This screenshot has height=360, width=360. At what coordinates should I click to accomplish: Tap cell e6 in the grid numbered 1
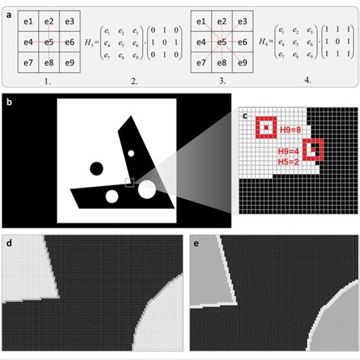[x=68, y=39]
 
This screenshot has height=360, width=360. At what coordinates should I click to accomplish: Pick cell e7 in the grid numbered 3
[x=203, y=58]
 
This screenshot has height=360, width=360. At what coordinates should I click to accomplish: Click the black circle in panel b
[x=96, y=168]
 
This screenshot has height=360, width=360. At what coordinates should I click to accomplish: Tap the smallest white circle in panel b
[x=131, y=153]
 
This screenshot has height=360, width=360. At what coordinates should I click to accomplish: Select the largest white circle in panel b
[x=147, y=189]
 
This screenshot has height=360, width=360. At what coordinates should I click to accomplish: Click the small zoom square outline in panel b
[x=130, y=182]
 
